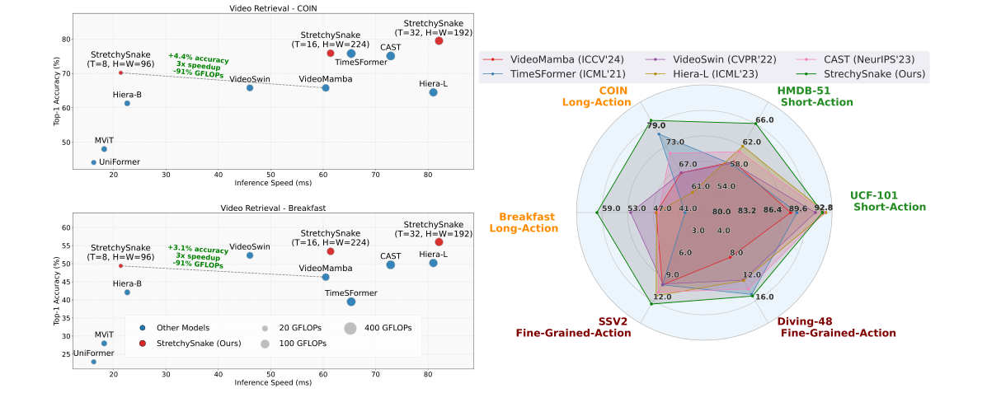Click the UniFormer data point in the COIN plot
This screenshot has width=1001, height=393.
pos(93,162)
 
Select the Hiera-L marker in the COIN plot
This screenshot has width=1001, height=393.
pos(433,92)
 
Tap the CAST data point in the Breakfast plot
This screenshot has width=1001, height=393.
pos(391,264)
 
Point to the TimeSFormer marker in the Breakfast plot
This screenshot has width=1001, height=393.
pos(351,302)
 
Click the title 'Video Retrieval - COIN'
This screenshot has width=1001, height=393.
pos(273,8)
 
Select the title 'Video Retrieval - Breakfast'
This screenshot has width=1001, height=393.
pos(273,208)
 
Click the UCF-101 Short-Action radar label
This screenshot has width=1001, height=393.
pos(889,201)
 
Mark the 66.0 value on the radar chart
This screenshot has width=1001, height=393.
pos(764,120)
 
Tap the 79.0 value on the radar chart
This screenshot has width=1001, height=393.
pos(656,125)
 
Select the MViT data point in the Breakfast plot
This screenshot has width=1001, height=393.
pos(104,344)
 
